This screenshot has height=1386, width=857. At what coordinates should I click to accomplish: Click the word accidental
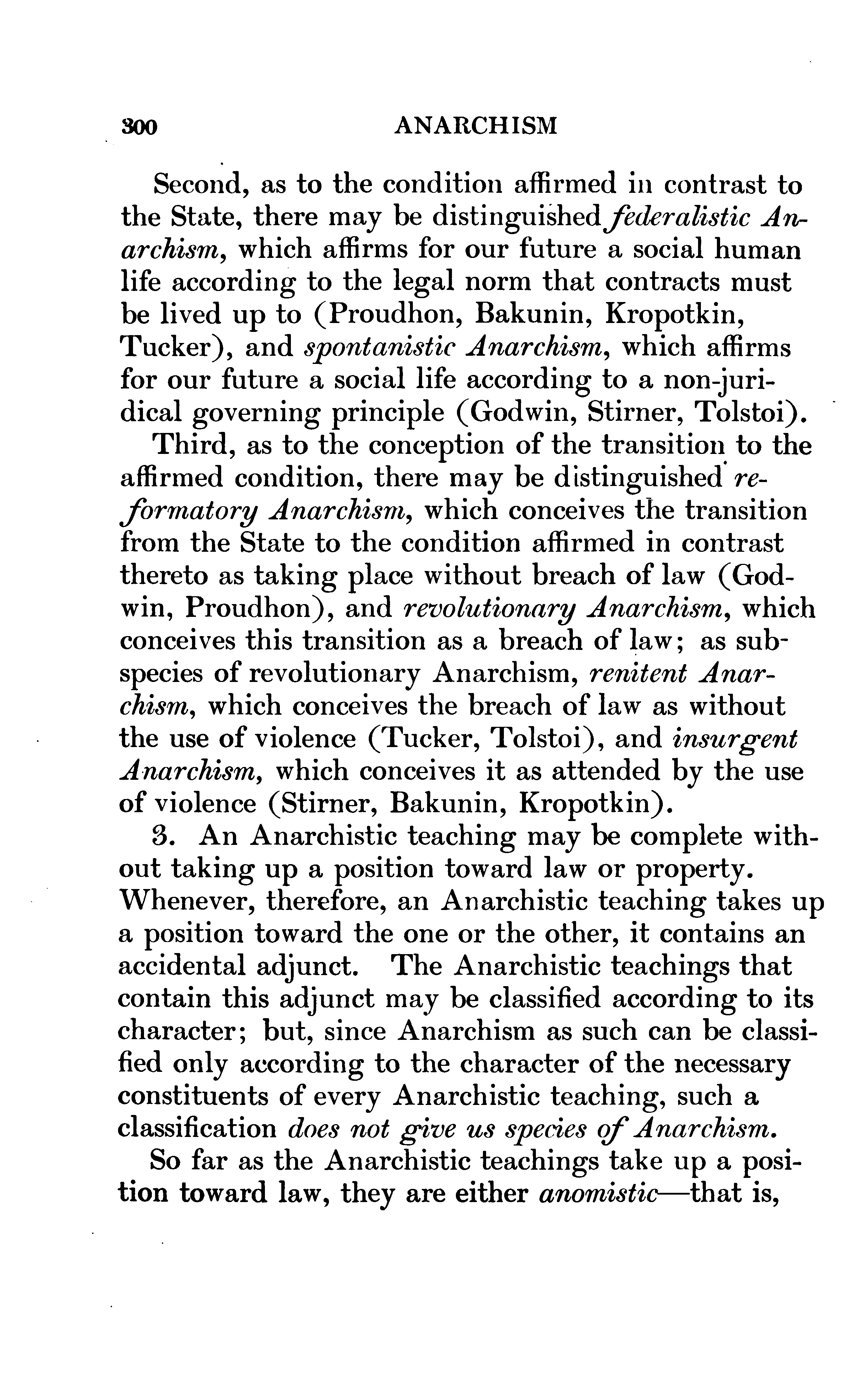[181, 967]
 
